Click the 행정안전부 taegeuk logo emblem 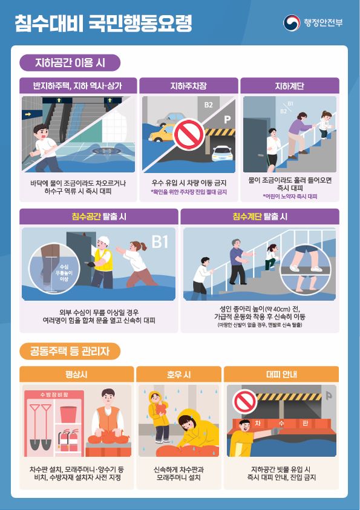pyautogui.click(x=292, y=23)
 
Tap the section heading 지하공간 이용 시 pyautogui.click(x=70, y=62)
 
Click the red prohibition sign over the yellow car pyautogui.click(x=189, y=132)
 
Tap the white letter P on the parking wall pyautogui.click(x=227, y=120)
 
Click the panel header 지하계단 pyautogui.click(x=289, y=86)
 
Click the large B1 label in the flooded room pyautogui.click(x=160, y=243)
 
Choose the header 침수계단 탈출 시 pyautogui.click(x=260, y=216)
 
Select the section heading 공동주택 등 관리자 pyautogui.click(x=70, y=351)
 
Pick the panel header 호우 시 pyautogui.click(x=178, y=374)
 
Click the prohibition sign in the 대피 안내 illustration pyautogui.click(x=245, y=401)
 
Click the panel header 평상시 pyautogui.click(x=76, y=374)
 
